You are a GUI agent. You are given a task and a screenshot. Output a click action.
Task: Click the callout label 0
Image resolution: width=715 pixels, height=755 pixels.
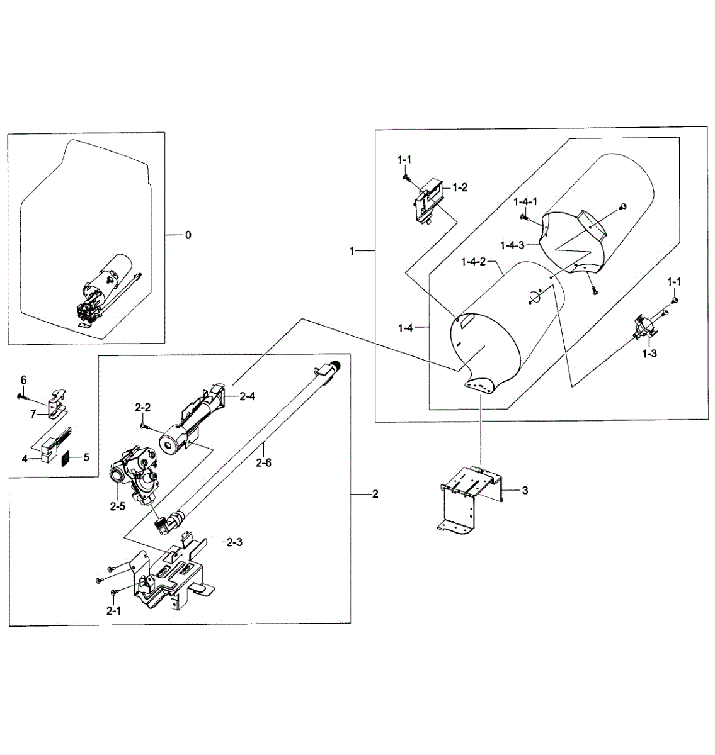188,235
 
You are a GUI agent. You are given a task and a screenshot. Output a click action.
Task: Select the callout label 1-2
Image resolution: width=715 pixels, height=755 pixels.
459,187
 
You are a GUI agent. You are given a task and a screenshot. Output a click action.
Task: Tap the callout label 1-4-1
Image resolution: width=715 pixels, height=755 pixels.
525,202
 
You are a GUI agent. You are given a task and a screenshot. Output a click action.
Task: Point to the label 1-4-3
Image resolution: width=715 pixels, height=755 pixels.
512,245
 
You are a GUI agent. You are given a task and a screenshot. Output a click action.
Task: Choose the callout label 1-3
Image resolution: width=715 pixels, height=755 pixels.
649,354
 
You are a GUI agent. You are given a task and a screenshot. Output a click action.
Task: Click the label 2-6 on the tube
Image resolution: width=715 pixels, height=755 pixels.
263,462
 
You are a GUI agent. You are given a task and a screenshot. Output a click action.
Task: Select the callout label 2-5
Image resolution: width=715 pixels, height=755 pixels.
118,506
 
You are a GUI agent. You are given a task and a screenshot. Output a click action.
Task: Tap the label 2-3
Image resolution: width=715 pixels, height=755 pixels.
234,542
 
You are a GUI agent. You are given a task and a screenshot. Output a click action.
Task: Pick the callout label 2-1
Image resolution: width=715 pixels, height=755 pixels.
113,611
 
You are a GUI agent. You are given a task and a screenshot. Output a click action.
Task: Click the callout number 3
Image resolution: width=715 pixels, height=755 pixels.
525,491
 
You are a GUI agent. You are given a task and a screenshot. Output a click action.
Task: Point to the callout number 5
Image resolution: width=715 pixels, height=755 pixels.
86,457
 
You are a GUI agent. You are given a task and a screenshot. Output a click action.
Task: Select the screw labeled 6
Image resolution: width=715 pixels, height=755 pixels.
23,396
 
